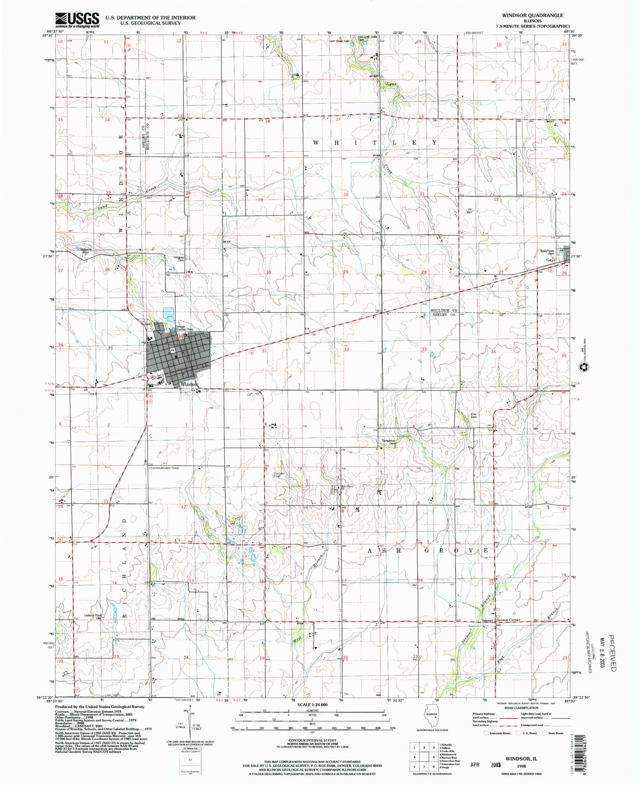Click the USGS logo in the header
pyautogui.click(x=77, y=20)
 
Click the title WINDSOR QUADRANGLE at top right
pyautogui.click(x=532, y=15)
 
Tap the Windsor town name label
pyautogui.click(x=189, y=384)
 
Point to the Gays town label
pyautogui.click(x=551, y=260)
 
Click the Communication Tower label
pyautogui.click(x=165, y=468)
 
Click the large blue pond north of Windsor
pyautogui.click(x=168, y=314)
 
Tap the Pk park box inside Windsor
pyautogui.click(x=173, y=350)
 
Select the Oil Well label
pyautogui.click(x=470, y=210)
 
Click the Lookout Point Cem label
pyautogui.click(x=93, y=616)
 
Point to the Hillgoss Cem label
pyautogui.click(x=178, y=258)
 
